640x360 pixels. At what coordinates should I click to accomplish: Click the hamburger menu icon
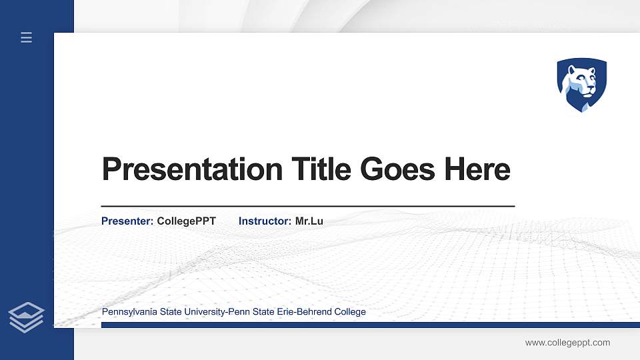click(27, 37)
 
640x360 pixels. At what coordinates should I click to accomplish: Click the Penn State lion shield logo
click(582, 85)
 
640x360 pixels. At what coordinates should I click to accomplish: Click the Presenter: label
click(127, 221)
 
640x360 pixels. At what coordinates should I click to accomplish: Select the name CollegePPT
click(186, 221)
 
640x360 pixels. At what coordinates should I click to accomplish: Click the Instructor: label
click(265, 221)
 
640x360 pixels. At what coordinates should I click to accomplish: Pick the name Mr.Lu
click(309, 221)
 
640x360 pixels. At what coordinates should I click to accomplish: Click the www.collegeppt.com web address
click(567, 343)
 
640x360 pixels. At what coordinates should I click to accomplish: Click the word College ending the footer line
click(350, 312)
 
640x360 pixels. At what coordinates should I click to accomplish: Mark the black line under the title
click(307, 207)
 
